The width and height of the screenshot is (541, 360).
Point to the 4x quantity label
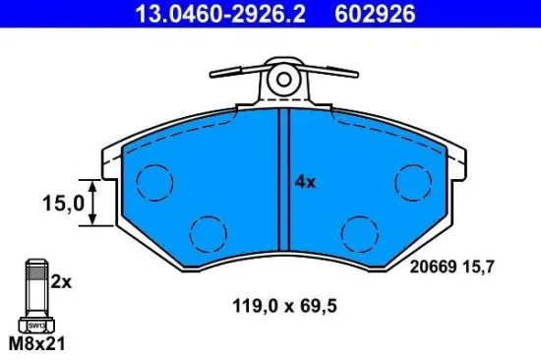(x=306, y=182)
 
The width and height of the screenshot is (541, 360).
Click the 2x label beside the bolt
(x=62, y=281)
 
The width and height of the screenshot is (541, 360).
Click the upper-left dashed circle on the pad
(x=153, y=182)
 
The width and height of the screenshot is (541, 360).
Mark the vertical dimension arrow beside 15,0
(x=93, y=204)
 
